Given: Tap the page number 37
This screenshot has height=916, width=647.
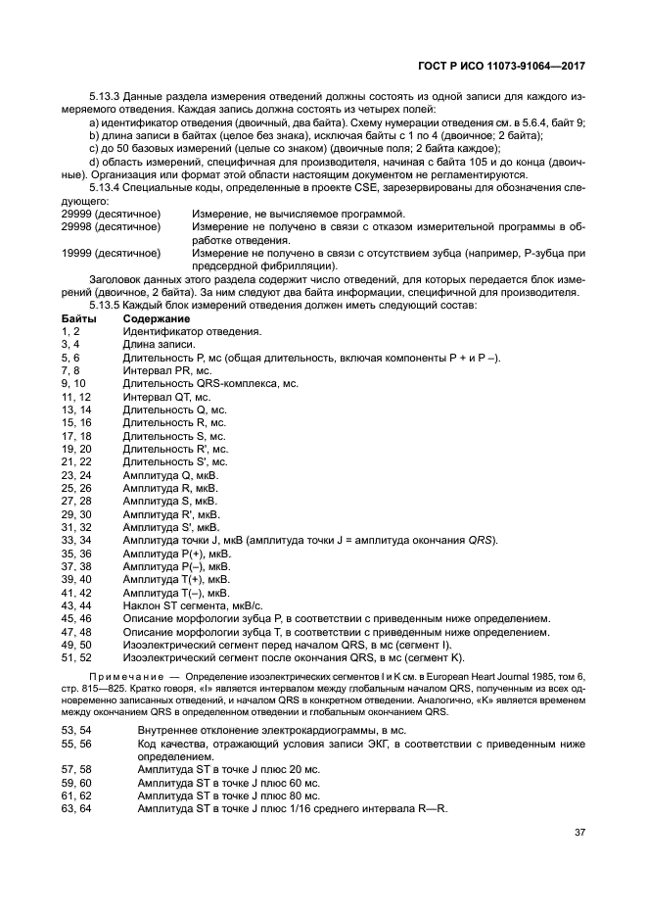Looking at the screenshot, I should (579, 833).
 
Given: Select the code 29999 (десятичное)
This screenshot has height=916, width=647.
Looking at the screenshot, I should (111, 214).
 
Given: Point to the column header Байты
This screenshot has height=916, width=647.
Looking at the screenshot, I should (78, 319).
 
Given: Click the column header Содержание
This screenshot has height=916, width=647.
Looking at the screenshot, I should (156, 319).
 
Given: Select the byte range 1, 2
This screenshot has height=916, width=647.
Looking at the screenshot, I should (72, 332).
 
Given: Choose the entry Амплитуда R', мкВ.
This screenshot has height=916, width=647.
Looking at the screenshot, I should (170, 512).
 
